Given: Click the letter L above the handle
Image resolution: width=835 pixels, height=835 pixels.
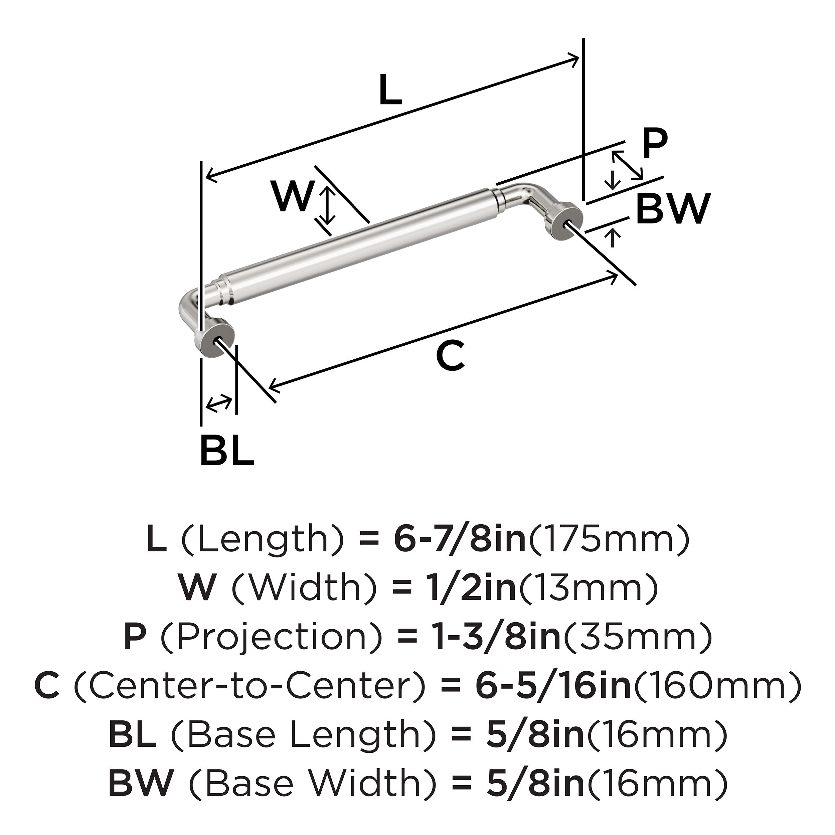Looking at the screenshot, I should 390,90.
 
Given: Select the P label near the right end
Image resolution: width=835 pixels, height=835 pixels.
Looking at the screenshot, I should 654,144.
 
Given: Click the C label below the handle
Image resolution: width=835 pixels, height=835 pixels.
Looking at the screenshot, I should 450,355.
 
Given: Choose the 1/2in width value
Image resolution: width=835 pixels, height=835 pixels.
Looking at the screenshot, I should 469,588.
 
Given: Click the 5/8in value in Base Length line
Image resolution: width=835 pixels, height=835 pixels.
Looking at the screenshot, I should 535,735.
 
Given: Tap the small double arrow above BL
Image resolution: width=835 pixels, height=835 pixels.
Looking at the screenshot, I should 219,403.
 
